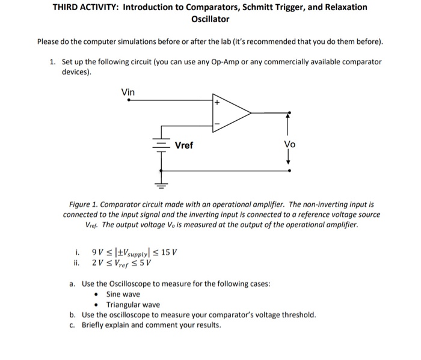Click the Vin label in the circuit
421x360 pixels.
128,92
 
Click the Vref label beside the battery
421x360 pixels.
184,145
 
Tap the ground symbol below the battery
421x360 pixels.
161,185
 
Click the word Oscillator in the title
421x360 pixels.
210,19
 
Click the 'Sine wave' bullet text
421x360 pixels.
123,294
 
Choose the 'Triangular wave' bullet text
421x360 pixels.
133,305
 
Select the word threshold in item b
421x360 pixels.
298,314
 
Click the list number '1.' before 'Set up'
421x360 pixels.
53,62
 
